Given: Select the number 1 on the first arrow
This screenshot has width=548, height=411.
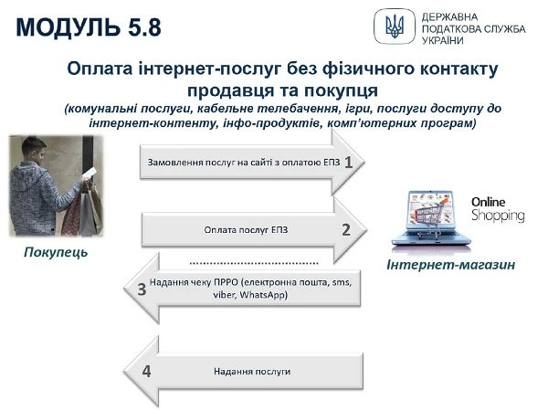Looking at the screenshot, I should click(x=348, y=162).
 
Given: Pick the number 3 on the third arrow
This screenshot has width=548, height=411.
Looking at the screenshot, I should click(x=142, y=290).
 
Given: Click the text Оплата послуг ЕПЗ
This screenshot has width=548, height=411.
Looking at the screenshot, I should click(x=246, y=230).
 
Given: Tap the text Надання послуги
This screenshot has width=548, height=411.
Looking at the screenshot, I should click(x=252, y=373).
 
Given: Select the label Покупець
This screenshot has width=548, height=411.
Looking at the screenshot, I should click(x=56, y=251).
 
